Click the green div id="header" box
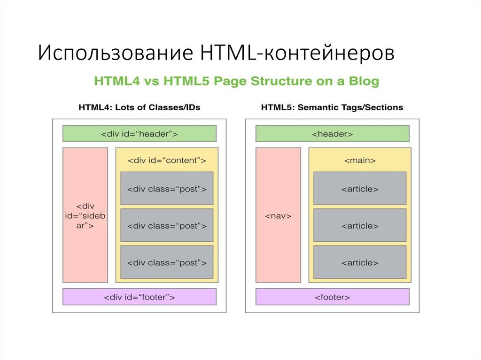point(140,134)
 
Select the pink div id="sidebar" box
point(85,215)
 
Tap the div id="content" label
point(167,161)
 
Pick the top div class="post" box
point(167,189)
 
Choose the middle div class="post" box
point(167,225)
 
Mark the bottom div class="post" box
point(167,262)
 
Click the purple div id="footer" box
point(140,297)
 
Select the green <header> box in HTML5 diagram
point(332,134)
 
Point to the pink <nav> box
point(278,215)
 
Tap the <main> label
point(360,161)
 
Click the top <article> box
point(360,189)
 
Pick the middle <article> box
point(360,225)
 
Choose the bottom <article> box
point(360,262)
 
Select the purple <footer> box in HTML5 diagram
point(332,297)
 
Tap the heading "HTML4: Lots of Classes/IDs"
point(139,107)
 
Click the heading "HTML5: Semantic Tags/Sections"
point(332,107)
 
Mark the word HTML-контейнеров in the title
point(297,53)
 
